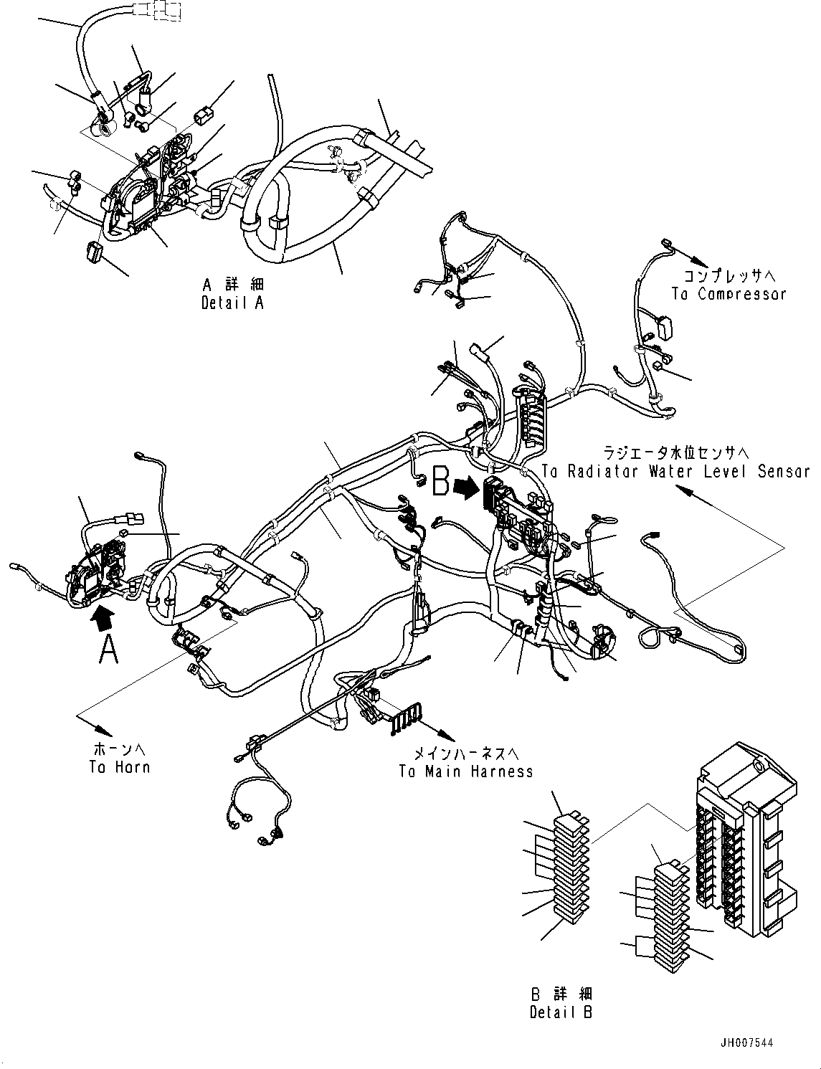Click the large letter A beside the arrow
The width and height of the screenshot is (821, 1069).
coord(108,649)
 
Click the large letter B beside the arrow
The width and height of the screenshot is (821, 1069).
coord(440,483)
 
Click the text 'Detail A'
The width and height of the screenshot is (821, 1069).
coord(232,303)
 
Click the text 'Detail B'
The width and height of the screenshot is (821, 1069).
coord(561,1012)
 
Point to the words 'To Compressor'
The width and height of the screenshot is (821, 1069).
coord(729,294)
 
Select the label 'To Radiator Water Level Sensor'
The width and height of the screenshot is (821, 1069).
coord(675,472)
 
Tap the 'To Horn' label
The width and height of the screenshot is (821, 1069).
coord(120,766)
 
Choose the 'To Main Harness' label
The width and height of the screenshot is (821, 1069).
coord(466,771)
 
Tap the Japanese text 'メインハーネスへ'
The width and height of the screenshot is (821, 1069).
coord(465,754)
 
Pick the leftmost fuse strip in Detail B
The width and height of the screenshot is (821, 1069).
coord(571,863)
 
